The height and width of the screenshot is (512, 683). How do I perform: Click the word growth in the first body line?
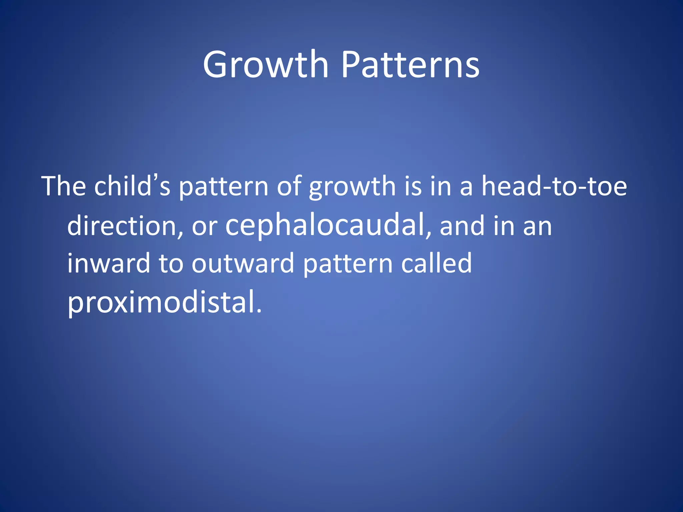pos(352,187)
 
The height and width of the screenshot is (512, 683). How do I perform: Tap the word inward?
pos(109,263)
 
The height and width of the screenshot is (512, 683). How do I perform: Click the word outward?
pos(243,263)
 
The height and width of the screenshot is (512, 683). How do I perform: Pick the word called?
pos(437,263)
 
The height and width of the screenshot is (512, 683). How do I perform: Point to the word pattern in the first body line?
pos(224,187)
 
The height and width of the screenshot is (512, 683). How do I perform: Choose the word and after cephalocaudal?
pos(462,226)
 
